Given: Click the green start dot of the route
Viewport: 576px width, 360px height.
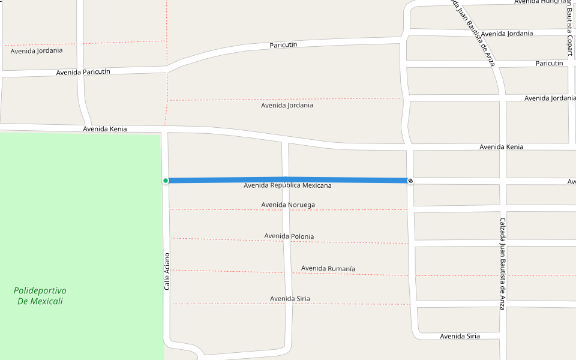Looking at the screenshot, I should (166, 181).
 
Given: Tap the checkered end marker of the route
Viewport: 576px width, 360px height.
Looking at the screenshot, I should (410, 181).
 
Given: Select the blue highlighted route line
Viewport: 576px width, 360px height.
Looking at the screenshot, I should (288, 180).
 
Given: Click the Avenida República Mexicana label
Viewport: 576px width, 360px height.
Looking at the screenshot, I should (287, 186).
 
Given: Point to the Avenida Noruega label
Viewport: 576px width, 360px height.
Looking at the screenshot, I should (288, 205).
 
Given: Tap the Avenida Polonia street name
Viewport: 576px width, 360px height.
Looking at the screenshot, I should (289, 236).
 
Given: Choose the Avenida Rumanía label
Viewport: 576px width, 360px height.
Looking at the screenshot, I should (328, 268).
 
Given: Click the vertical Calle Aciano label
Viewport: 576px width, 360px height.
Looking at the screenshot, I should (167, 272).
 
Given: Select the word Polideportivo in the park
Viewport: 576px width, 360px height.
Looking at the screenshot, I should (40, 290).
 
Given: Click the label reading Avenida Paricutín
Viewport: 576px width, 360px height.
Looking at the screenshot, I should (83, 72).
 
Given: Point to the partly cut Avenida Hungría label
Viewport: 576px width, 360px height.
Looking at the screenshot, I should (540, 2).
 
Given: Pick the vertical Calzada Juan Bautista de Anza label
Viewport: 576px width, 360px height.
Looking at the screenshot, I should (503, 263).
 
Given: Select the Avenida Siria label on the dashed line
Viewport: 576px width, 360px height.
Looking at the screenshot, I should (290, 299).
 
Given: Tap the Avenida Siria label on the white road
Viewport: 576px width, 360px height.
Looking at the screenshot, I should (460, 336).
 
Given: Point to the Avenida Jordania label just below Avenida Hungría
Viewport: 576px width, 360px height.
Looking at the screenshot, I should (507, 34).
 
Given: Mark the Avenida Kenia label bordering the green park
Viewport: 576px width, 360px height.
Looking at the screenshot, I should (105, 128).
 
